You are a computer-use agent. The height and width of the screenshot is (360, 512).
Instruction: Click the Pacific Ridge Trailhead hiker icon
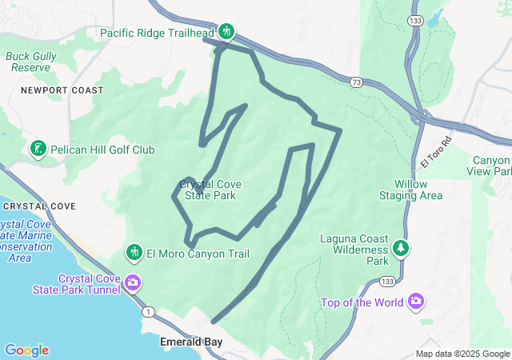[226, 32]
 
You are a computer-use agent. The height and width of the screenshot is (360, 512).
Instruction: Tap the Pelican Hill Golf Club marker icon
[38, 149]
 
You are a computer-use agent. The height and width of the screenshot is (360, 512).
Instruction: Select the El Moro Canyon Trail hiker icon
[134, 253]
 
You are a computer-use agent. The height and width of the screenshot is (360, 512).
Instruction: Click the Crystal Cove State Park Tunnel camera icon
[132, 282]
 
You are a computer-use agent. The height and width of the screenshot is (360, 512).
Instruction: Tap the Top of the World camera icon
[416, 302]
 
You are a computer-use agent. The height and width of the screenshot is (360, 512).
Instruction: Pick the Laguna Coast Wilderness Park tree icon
[401, 249]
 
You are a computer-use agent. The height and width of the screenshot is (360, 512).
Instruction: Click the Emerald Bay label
[190, 342]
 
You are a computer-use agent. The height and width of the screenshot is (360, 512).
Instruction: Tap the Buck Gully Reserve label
[30, 62]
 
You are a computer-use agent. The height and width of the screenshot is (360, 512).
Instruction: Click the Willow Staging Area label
[410, 190]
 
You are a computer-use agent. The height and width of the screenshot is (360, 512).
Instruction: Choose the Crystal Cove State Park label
[210, 189]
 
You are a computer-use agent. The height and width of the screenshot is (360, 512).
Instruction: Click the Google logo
[26, 350]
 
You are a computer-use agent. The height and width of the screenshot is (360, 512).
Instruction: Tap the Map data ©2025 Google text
[462, 354]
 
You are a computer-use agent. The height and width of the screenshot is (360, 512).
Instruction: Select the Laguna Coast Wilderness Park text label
[354, 250]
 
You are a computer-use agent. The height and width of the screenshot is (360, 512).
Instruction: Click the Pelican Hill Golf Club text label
[102, 150]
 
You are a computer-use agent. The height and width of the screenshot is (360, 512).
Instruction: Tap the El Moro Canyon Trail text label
[198, 254]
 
